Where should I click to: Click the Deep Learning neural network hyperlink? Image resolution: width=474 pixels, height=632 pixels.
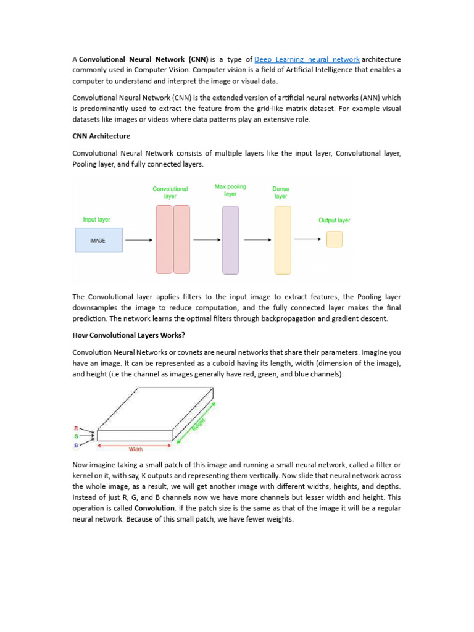pyautogui.click(x=307, y=59)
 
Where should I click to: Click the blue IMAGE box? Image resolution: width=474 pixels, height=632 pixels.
pyautogui.click(x=99, y=240)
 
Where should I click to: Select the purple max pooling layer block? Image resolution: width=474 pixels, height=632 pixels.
pyautogui.click(x=230, y=239)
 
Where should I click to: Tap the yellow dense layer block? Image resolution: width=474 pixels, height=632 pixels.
pyautogui.click(x=282, y=239)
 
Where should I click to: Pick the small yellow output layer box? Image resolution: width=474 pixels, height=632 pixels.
pyautogui.click(x=334, y=239)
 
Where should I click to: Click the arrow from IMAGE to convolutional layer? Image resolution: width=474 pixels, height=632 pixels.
pyautogui.click(x=139, y=240)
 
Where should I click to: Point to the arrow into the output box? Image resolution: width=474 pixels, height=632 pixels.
pyautogui.click(x=307, y=239)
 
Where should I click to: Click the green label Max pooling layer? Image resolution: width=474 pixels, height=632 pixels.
pyautogui.click(x=230, y=189)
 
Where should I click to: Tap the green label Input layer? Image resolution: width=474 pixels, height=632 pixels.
pyautogui.click(x=96, y=219)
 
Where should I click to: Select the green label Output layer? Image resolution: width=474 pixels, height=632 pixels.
pyautogui.click(x=334, y=220)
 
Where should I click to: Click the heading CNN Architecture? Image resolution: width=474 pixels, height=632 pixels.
pyautogui.click(x=101, y=136)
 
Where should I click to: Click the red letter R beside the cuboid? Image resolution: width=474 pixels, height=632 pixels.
pyautogui.click(x=76, y=428)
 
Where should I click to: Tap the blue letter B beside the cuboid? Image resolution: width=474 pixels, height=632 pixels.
pyautogui.click(x=76, y=444)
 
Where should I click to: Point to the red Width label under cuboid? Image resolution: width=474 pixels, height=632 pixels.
pyautogui.click(x=135, y=450)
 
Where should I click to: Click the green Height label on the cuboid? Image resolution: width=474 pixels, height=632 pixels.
pyautogui.click(x=198, y=423)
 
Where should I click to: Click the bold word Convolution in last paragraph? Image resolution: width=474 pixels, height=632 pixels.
pyautogui.click(x=154, y=508)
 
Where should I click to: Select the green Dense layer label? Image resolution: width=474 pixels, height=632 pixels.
pyautogui.click(x=281, y=193)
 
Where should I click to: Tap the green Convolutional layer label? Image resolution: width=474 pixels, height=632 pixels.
pyautogui.click(x=170, y=193)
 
